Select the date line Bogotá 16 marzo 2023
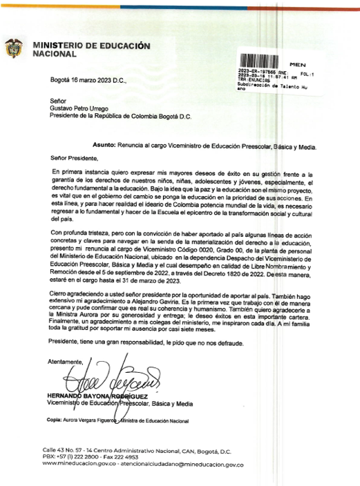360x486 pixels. coord(88,81)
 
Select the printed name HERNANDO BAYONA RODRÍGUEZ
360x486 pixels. coord(89,396)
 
